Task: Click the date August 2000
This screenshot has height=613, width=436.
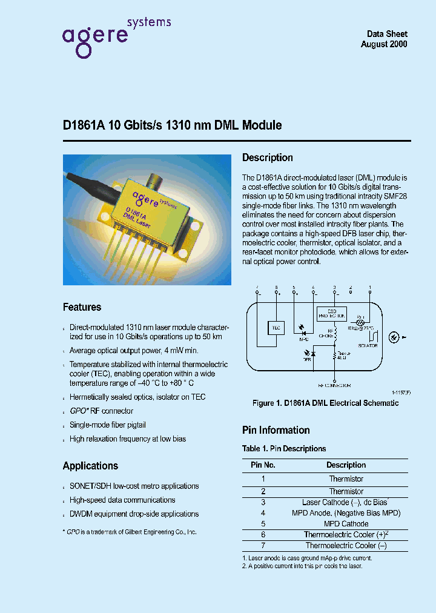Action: pyautogui.click(x=384, y=45)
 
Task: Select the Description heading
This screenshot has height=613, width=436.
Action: pyautogui.click(x=267, y=157)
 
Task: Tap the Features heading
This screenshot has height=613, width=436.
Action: pyautogui.click(x=82, y=307)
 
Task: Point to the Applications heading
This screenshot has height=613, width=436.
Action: pyautogui.click(x=90, y=466)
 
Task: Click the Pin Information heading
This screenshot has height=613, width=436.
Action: pyautogui.click(x=276, y=430)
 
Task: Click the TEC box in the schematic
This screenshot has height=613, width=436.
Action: pyautogui.click(x=276, y=327)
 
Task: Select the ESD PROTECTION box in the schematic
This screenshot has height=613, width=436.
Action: pyautogui.click(x=332, y=314)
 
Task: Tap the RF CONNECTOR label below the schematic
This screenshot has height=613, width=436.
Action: pyautogui.click(x=334, y=385)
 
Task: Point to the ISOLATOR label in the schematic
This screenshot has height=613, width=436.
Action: pyautogui.click(x=367, y=346)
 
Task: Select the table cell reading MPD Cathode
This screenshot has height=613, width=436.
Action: pyautogui.click(x=346, y=524)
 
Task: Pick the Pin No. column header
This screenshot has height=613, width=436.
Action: pyautogui.click(x=263, y=465)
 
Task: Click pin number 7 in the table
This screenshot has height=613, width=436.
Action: pyautogui.click(x=263, y=546)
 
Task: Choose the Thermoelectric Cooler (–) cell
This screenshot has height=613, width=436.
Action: pyautogui.click(x=346, y=546)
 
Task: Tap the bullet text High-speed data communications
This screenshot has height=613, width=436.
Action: pyautogui.click(x=122, y=500)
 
